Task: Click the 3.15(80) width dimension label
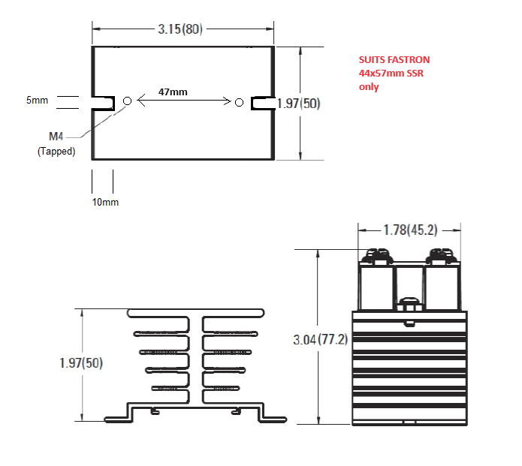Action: coord(180,29)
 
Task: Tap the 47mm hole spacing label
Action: coord(173,92)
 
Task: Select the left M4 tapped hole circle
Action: coord(127,101)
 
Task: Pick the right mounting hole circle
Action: coord(239,103)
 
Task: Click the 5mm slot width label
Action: coord(37,100)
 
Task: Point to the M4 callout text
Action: coord(56,137)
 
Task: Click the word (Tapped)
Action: coord(56,152)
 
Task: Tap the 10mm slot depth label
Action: coord(105,202)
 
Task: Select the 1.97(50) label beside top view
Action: coord(299,104)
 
